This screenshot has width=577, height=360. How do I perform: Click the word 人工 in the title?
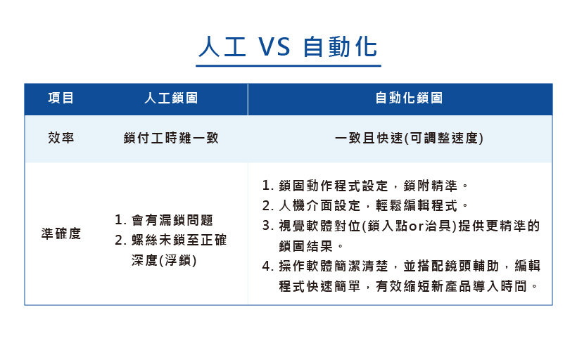click(222, 46)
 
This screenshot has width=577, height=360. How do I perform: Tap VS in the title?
click(274, 47)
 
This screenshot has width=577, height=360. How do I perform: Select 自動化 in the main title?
click(341, 46)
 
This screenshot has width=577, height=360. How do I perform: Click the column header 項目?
click(61, 98)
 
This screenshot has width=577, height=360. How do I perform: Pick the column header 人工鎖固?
click(171, 98)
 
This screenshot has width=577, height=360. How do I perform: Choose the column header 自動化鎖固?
click(409, 98)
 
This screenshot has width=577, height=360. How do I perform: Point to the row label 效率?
click(61, 138)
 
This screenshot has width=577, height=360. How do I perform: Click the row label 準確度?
click(61, 233)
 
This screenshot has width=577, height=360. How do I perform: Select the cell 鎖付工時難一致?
click(171, 139)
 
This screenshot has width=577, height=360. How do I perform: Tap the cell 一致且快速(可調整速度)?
click(409, 139)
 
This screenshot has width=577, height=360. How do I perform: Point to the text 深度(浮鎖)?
click(164, 260)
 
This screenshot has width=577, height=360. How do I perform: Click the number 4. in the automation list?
click(267, 266)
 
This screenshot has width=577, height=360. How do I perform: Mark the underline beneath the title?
click(288, 66)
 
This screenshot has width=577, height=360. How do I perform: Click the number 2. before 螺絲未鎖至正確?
click(121, 240)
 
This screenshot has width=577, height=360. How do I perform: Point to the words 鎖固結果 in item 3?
click(306, 246)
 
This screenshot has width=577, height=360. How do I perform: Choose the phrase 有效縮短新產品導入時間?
click(451, 286)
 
